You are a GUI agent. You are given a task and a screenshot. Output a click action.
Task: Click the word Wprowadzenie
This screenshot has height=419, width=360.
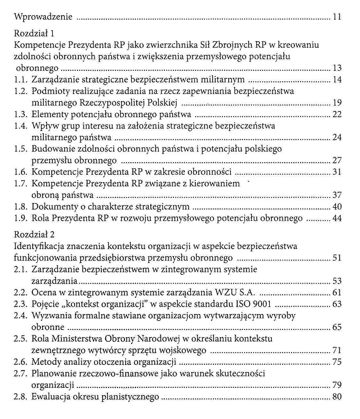[43, 17]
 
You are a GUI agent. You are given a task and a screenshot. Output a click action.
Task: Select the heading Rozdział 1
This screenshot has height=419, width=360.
[34, 33]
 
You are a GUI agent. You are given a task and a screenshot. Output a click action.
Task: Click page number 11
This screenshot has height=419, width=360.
[337, 17]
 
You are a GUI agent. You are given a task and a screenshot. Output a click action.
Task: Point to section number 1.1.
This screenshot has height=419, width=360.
[22, 79]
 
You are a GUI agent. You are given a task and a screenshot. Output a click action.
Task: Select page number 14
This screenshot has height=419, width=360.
[337, 79]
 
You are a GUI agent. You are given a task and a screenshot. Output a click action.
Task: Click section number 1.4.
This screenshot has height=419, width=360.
[22, 126]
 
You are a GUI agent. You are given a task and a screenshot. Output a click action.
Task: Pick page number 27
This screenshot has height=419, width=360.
[337, 160]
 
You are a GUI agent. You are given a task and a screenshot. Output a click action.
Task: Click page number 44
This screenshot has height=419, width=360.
[337, 218]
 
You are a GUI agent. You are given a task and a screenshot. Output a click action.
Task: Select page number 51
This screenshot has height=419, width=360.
[337, 258]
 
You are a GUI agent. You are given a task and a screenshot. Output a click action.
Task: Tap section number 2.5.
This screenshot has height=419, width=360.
[22, 339]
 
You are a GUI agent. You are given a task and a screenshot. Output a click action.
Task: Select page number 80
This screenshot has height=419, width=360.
[337, 397]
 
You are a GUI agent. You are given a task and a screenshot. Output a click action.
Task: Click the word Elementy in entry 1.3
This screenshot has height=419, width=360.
[50, 114]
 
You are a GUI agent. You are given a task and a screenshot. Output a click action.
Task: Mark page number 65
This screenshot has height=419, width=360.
[337, 327]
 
